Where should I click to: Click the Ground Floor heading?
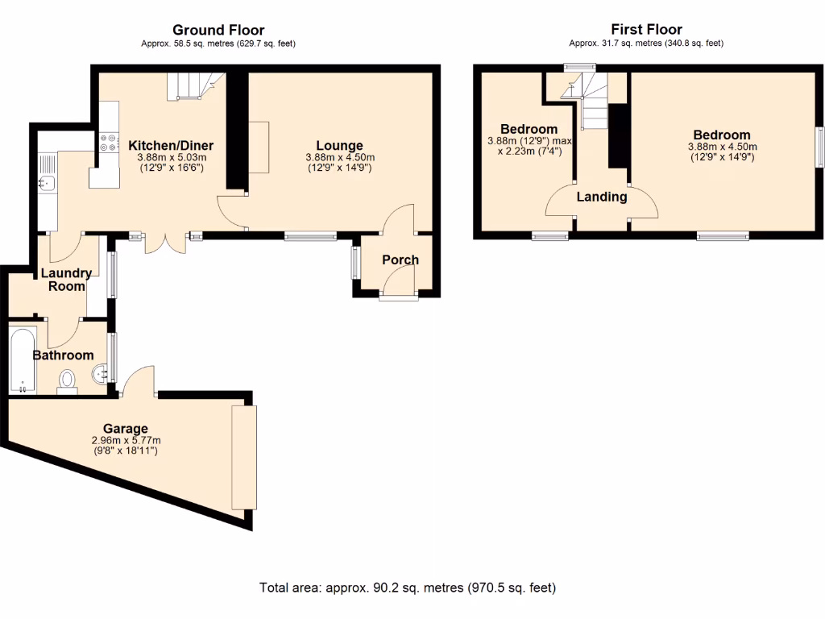point(218,31)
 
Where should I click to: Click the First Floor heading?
point(647,31)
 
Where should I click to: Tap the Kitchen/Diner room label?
point(171,146)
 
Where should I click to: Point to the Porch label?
point(400,260)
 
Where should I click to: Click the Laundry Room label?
point(66,280)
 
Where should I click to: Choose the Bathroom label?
point(63,355)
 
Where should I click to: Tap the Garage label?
point(126,428)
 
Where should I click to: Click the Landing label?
point(601,197)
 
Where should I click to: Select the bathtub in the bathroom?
point(22,359)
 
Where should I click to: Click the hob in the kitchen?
point(108,143)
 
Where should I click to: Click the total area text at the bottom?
point(408,588)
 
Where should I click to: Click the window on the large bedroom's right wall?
point(818,146)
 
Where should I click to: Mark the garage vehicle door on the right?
point(243,456)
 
